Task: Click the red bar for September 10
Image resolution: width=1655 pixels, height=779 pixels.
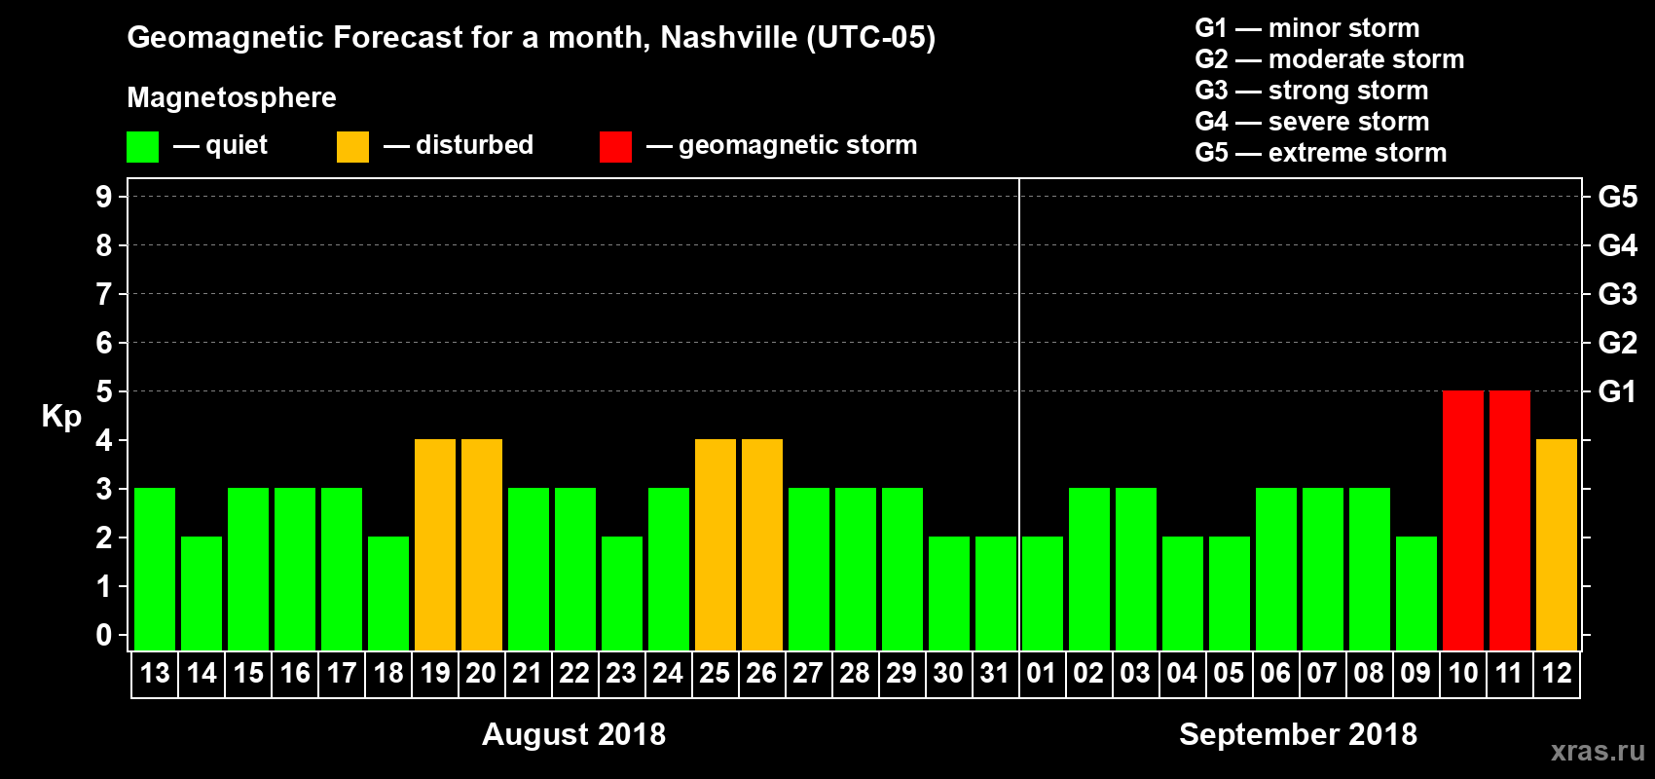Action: pyautogui.click(x=1463, y=520)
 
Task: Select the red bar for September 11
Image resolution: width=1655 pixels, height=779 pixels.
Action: pyautogui.click(x=1510, y=520)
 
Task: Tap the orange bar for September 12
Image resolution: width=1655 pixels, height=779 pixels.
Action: pyautogui.click(x=1557, y=544)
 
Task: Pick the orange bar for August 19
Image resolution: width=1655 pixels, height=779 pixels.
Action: pyautogui.click(x=435, y=544)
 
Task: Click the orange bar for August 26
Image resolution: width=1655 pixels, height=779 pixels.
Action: pyautogui.click(x=762, y=544)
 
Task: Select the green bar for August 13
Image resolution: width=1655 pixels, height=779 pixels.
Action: pyautogui.click(x=155, y=569)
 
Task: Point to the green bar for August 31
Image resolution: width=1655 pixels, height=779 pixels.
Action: pyautogui.click(x=996, y=593)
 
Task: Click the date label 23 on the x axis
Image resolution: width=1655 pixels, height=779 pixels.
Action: pyautogui.click(x=621, y=673)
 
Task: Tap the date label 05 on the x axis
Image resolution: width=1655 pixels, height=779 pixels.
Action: pyautogui.click(x=1229, y=673)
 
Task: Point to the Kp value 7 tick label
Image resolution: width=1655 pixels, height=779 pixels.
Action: pyautogui.click(x=104, y=294)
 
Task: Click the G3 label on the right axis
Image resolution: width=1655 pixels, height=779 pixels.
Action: pyautogui.click(x=1617, y=294)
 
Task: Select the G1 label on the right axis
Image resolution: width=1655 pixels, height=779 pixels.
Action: pyautogui.click(x=1617, y=391)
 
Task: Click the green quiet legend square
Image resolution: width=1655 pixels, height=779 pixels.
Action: pyautogui.click(x=143, y=147)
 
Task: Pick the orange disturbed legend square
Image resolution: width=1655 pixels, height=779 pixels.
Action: pyautogui.click(x=352, y=147)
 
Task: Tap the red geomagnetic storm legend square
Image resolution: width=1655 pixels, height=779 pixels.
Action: pyautogui.click(x=615, y=147)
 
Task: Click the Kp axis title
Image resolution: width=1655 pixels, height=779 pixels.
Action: pyautogui.click(x=61, y=416)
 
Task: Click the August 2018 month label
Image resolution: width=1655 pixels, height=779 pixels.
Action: pyautogui.click(x=573, y=734)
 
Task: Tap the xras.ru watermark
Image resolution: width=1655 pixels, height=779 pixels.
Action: pyautogui.click(x=1598, y=751)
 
